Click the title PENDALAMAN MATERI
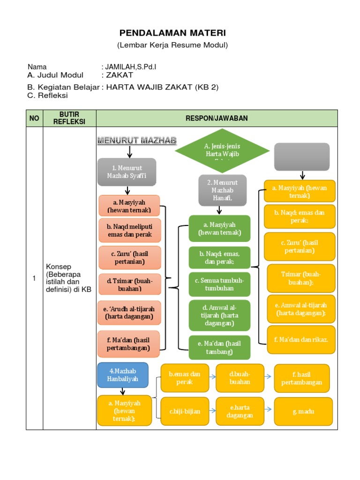tap(172, 33)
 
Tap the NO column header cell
tap(34, 118)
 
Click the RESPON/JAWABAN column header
tap(217, 118)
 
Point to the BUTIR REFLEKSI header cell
tap(69, 118)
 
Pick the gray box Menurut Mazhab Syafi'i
tap(127, 172)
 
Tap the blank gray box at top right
tap(302, 157)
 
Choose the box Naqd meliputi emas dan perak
tap(130, 231)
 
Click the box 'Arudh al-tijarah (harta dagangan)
tap(130, 313)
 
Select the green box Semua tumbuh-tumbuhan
tap(219, 284)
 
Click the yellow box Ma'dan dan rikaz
tap(301, 339)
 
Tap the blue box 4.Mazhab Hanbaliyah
tap(123, 375)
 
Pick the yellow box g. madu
tap(303, 411)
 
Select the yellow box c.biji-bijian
tap(185, 411)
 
